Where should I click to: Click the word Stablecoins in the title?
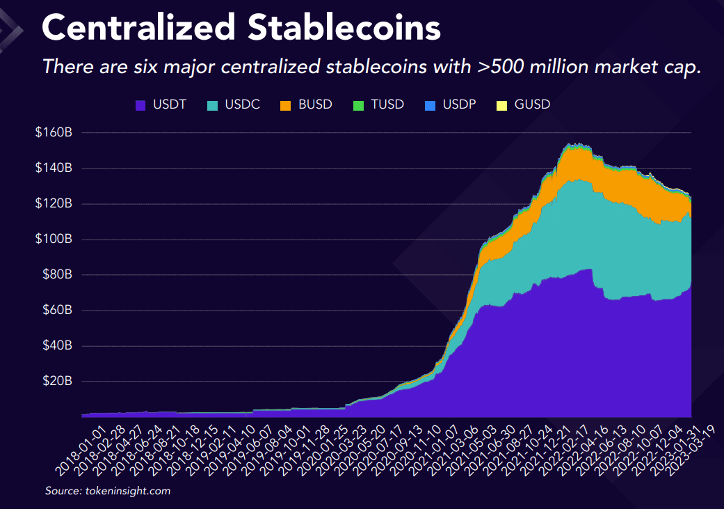tap(344, 28)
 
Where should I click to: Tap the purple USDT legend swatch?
tap(140, 105)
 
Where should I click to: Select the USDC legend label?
tap(242, 105)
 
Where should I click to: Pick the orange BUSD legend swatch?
tap(285, 105)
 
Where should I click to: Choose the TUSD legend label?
tap(388, 105)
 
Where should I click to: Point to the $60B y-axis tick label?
tap(56, 310)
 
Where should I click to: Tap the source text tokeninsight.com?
tap(128, 491)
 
